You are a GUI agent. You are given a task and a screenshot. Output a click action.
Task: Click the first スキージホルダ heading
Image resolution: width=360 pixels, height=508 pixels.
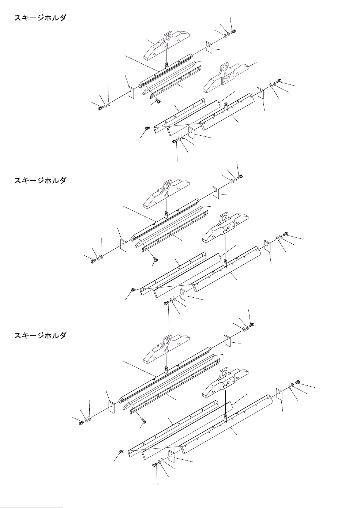(x=40, y=18)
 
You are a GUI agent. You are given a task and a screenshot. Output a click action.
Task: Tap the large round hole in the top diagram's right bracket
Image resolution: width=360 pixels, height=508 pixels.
(x=224, y=68)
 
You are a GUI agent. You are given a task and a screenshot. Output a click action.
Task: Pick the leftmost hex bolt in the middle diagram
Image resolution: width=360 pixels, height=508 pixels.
(x=93, y=261)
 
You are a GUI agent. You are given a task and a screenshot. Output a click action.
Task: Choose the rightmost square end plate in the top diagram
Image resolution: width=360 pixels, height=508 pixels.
(x=261, y=93)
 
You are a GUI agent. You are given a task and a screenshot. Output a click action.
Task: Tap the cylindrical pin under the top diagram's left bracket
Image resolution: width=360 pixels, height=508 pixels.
(x=166, y=66)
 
